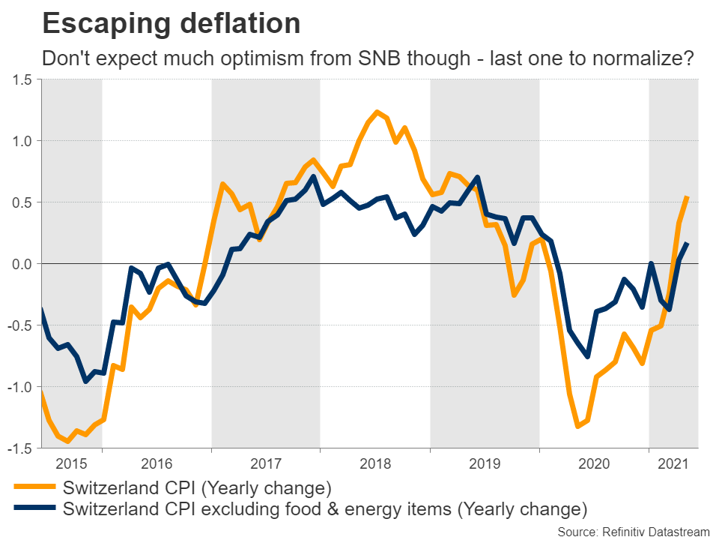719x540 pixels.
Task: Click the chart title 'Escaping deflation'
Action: point(172,23)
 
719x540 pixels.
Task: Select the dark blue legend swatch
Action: point(34,509)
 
